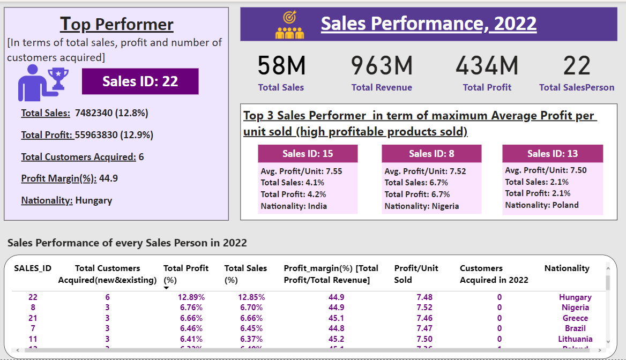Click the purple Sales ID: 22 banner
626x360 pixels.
140,81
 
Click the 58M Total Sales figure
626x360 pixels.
281,66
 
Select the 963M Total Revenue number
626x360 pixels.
382,66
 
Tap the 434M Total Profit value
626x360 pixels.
487,66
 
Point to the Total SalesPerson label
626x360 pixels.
577,87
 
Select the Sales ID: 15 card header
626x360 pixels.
308,154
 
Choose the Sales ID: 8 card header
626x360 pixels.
431,154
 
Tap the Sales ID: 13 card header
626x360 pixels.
553,154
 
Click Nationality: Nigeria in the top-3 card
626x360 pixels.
422,206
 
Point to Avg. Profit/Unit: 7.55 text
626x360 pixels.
301,171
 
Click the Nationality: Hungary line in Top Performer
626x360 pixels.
66,200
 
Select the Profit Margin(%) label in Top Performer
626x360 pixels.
59,178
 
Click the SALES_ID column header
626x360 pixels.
33,268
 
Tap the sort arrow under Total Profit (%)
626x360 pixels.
166,288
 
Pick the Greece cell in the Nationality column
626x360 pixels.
575,318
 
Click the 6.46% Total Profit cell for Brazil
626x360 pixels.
191,328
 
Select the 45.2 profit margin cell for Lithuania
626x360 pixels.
337,339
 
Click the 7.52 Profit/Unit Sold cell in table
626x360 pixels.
424,307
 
